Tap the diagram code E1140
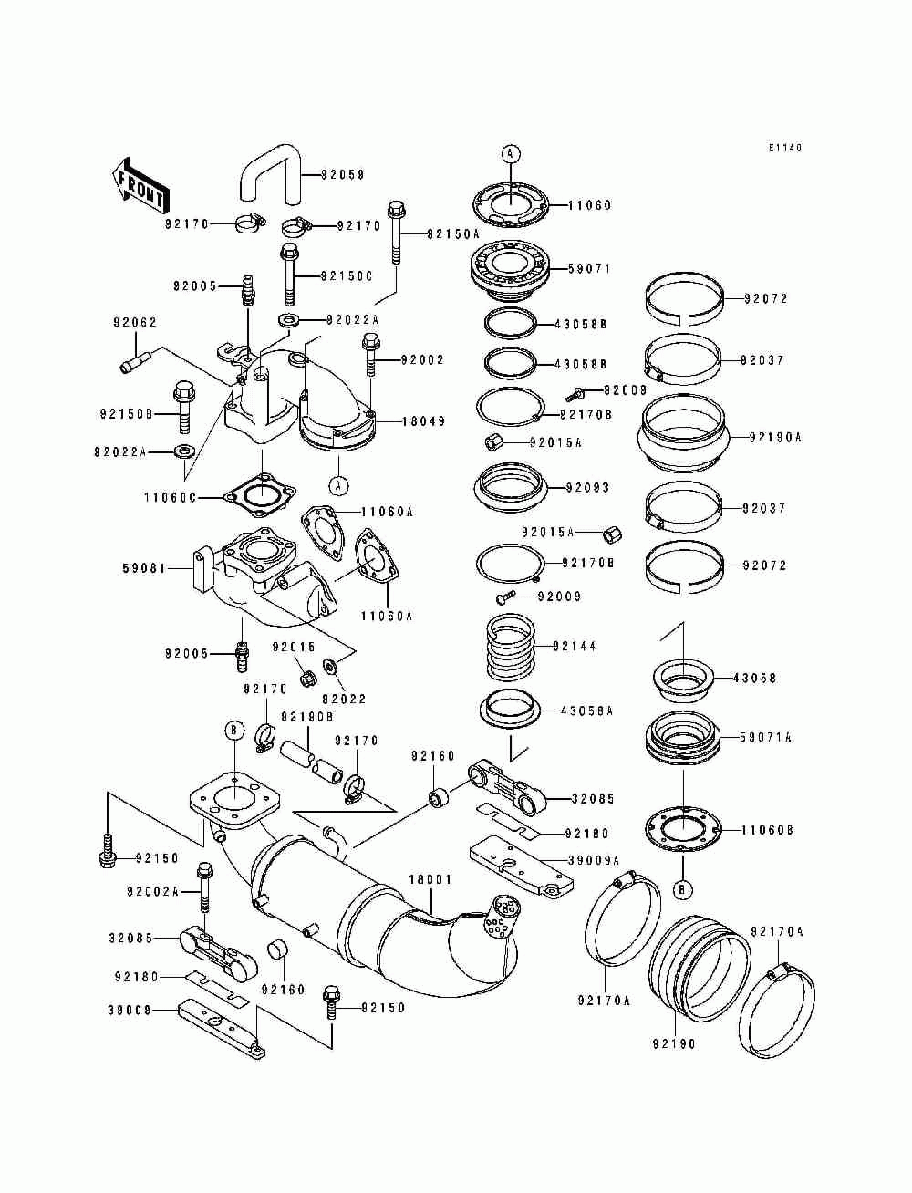click(784, 148)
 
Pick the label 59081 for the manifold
click(144, 567)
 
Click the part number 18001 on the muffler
click(430, 879)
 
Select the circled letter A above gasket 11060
click(511, 153)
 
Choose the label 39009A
click(593, 859)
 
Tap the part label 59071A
click(765, 737)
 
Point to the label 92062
click(135, 322)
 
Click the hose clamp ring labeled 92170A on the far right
click(778, 1012)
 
